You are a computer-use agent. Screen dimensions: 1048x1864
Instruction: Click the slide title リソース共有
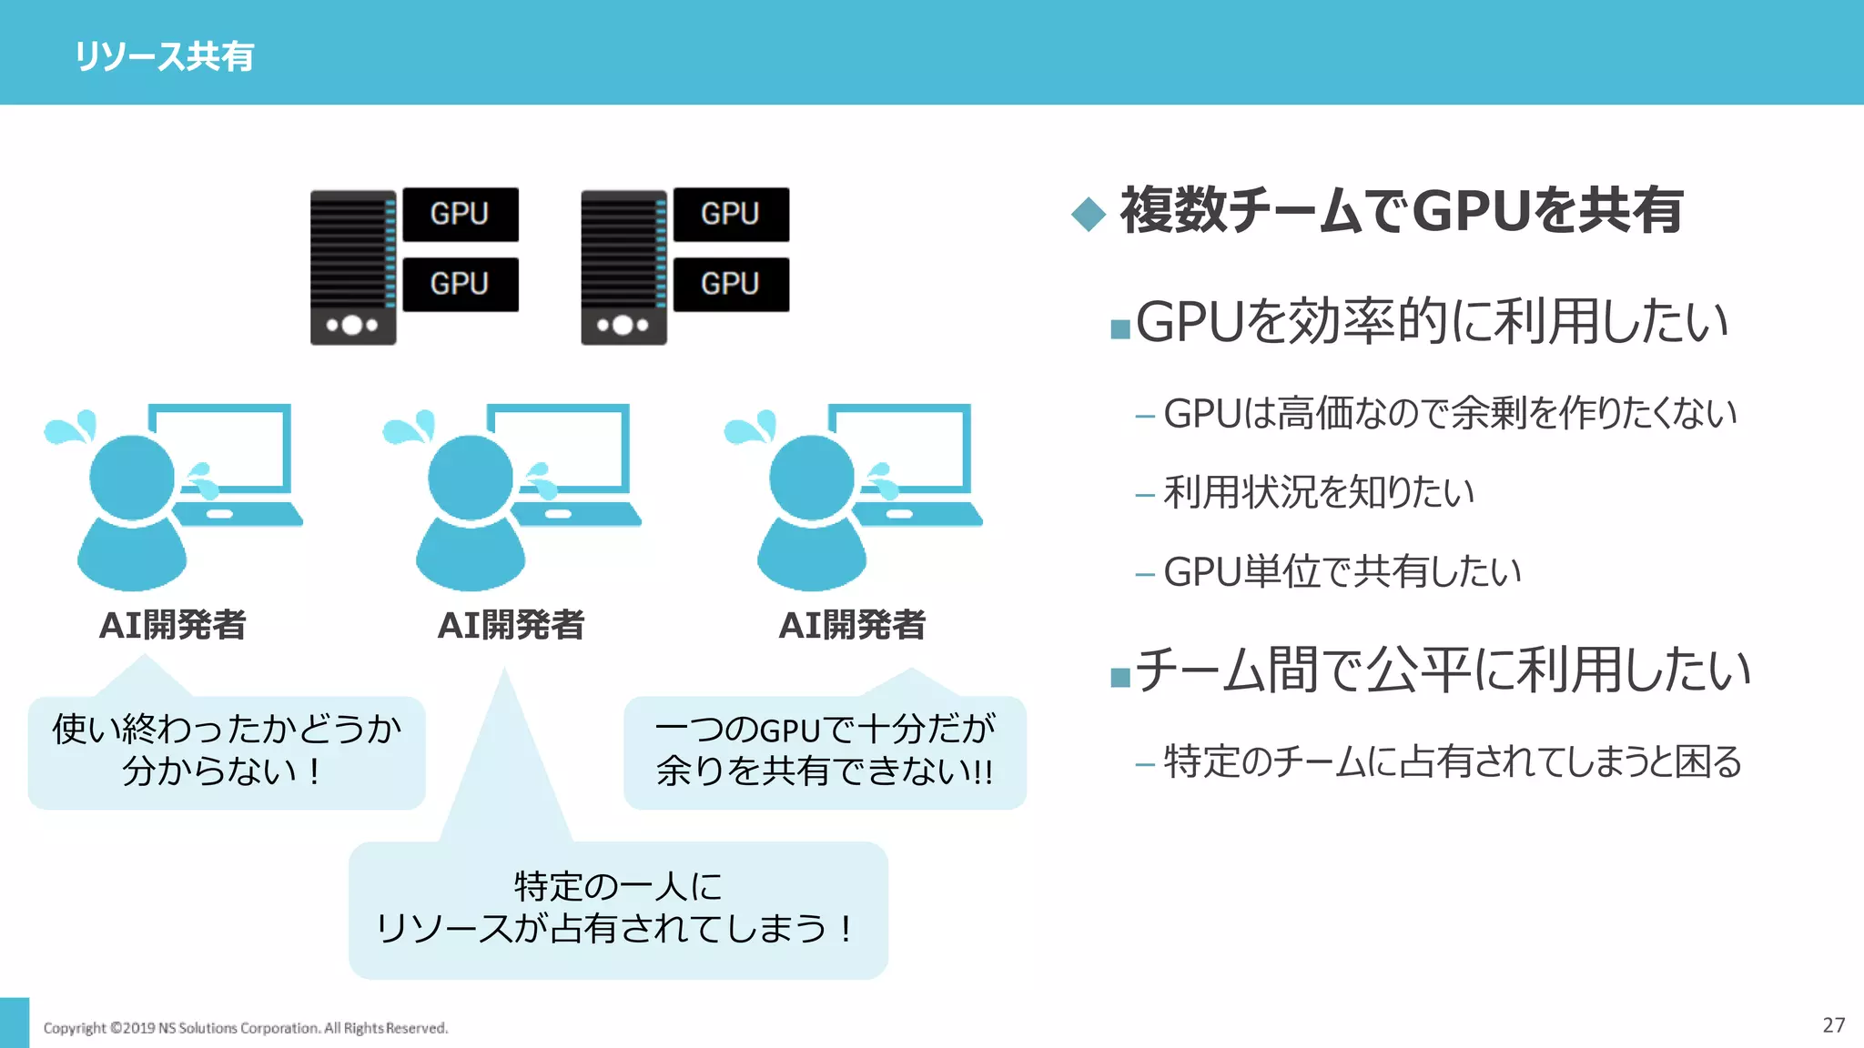(164, 56)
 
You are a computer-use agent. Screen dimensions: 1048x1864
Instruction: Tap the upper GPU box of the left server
(460, 214)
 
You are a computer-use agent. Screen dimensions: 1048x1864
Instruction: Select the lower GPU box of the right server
(730, 284)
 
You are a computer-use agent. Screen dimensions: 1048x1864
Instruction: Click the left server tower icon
(353, 267)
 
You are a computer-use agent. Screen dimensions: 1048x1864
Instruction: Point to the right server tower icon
(623, 267)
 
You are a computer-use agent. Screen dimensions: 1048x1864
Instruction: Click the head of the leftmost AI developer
(132, 477)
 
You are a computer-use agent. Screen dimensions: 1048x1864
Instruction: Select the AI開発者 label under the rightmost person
(852, 625)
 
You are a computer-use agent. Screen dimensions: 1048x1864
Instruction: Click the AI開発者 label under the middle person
(511, 625)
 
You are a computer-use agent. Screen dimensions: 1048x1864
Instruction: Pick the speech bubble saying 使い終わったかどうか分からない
(227, 751)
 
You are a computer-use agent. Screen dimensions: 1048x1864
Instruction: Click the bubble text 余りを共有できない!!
(825, 771)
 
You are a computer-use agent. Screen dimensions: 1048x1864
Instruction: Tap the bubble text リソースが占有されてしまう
(614, 929)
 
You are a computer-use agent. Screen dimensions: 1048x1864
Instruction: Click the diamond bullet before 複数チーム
(1088, 215)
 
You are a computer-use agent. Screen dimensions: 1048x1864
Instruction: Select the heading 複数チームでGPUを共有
(1402, 210)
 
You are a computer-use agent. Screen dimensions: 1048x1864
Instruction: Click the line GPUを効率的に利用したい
(1431, 322)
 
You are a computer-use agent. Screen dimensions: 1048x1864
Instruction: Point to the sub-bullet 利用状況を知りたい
(1318, 492)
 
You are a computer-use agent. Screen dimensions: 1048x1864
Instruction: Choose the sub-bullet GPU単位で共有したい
(1342, 572)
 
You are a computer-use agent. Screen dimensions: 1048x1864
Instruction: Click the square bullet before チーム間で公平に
(1120, 677)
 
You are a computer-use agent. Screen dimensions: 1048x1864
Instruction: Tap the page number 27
(1833, 1025)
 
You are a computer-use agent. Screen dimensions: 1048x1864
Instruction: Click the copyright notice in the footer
(246, 1028)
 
